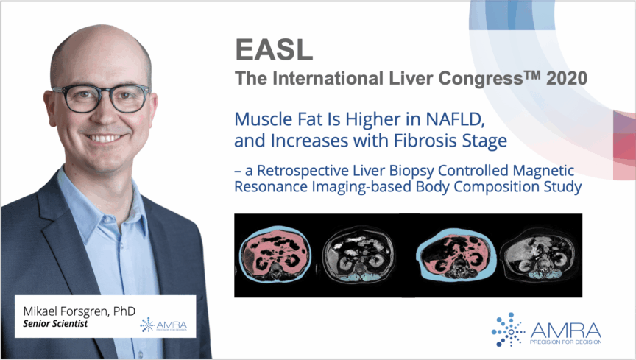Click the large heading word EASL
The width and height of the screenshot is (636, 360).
274,49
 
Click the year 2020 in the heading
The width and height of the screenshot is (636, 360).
567,78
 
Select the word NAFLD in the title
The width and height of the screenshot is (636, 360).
456,119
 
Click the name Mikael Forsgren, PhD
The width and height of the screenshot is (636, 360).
79,311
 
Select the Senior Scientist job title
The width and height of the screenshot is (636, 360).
55,323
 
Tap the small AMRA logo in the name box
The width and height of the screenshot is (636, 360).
163,325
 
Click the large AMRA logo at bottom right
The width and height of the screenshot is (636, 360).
546,330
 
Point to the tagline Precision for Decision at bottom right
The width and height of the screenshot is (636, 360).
565,342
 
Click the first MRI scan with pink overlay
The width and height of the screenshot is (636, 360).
275,254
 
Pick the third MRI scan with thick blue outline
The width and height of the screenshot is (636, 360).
456,255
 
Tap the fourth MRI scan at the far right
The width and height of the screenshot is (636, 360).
538,255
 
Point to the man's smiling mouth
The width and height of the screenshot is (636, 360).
105,138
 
